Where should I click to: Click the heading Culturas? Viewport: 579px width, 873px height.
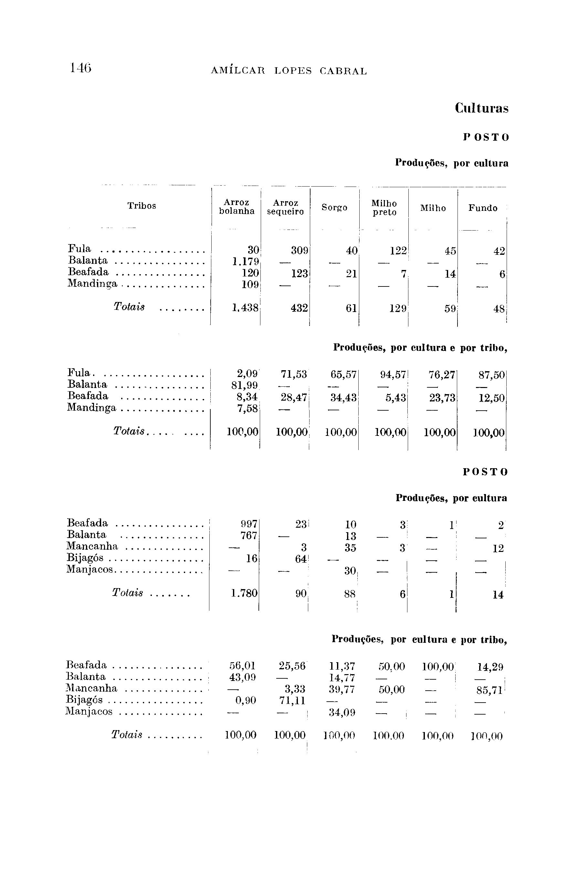[481, 108]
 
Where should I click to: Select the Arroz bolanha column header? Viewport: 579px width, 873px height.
[237, 207]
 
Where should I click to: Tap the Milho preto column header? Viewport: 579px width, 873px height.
[384, 208]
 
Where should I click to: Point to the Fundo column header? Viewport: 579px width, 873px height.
[483, 208]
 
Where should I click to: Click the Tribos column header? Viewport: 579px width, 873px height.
[142, 206]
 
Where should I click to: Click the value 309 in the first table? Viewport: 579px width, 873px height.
[300, 251]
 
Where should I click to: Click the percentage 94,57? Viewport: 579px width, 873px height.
[393, 375]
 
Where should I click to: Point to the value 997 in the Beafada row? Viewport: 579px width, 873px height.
[248, 524]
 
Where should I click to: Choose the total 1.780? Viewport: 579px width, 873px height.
[244, 594]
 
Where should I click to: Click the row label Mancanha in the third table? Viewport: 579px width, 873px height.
[92, 546]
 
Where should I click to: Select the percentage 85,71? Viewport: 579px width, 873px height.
[490, 690]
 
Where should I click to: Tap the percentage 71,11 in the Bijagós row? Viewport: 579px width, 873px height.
[292, 701]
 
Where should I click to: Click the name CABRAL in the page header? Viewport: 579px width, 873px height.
[343, 71]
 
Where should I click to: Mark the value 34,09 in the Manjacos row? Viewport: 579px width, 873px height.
[342, 712]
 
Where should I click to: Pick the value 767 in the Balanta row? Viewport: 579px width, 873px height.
[248, 535]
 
